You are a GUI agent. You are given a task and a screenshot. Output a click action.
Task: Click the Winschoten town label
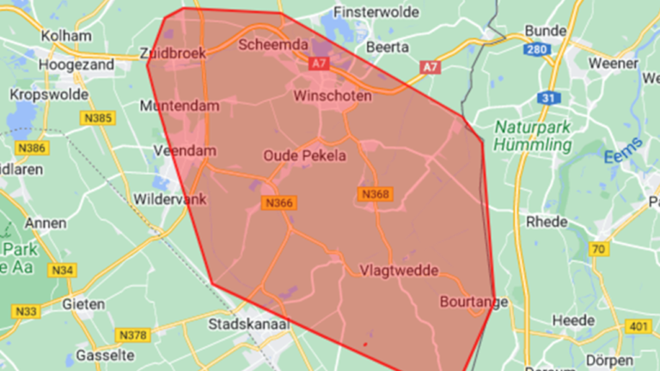[333, 95]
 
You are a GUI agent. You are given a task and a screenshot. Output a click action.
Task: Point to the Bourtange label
[474, 301]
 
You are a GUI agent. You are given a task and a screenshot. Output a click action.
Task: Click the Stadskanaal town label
[249, 325]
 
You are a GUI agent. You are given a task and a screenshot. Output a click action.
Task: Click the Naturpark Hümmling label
[533, 136]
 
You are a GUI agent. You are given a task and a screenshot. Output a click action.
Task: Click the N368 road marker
[375, 195]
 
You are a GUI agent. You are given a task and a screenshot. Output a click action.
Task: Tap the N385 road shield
[98, 118]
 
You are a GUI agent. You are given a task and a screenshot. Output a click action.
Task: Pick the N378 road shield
[134, 334]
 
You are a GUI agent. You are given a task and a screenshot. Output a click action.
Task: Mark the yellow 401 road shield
[636, 325]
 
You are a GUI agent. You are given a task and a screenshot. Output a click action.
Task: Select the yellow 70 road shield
[599, 249]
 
